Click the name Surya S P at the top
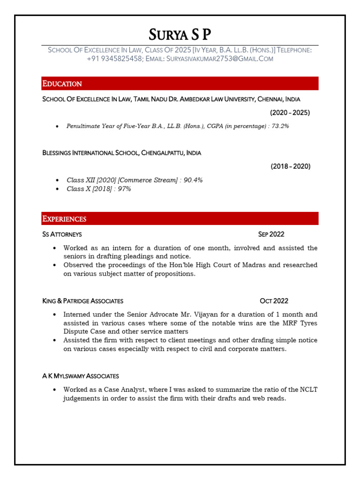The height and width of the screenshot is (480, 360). (180, 34)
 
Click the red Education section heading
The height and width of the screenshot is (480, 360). (62, 83)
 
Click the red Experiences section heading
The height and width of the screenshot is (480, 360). (65, 219)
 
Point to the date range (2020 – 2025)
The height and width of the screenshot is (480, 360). (290, 112)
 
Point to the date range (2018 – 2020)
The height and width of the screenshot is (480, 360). (290, 166)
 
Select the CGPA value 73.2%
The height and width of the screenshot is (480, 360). (280, 126)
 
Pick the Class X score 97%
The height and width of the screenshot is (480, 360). (124, 189)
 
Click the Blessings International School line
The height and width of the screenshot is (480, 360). (122, 153)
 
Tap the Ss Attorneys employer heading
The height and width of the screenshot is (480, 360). (62, 234)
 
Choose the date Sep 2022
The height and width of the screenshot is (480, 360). (271, 234)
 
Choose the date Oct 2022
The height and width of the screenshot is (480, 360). (274, 301)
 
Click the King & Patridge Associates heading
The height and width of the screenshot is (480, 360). (83, 301)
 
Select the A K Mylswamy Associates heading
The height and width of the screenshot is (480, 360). (81, 376)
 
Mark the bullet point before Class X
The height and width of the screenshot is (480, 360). (57, 189)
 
